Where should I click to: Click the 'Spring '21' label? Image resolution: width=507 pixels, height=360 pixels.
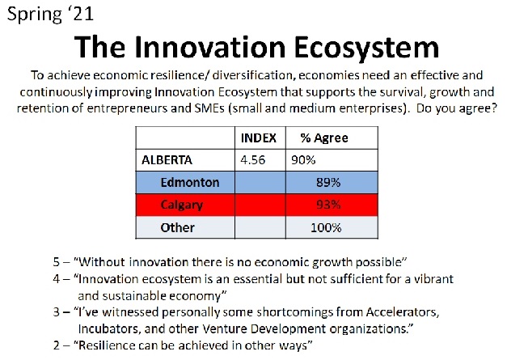[50, 15]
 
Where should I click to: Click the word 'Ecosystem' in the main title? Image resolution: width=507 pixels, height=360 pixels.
[366, 48]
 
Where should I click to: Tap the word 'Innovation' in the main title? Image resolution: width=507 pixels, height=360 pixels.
[210, 47]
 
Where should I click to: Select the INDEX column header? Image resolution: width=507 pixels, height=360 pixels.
[258, 138]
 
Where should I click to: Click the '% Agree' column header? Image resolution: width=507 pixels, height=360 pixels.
[324, 138]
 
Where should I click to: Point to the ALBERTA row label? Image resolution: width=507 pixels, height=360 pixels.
[167, 160]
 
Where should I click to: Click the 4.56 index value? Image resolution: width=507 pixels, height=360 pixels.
[252, 160]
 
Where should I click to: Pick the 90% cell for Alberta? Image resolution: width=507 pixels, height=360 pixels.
[303, 160]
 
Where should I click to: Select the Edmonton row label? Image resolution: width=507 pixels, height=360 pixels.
[190, 182]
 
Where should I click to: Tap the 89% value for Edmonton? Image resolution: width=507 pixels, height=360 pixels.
[328, 182]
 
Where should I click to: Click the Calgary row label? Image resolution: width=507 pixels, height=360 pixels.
[182, 205]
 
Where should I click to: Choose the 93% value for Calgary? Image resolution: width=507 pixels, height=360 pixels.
[328, 205]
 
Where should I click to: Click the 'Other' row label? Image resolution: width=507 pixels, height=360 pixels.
[178, 227]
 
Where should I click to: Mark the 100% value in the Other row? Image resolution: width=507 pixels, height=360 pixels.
[326, 227]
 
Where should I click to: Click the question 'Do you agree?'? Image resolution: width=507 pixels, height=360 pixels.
[456, 108]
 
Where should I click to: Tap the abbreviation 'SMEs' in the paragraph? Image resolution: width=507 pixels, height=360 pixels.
[209, 108]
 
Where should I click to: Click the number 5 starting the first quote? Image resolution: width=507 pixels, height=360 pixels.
[57, 261]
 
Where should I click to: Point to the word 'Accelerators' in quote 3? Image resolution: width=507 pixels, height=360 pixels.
[403, 312]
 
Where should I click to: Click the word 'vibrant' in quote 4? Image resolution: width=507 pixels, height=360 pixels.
[433, 279]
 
